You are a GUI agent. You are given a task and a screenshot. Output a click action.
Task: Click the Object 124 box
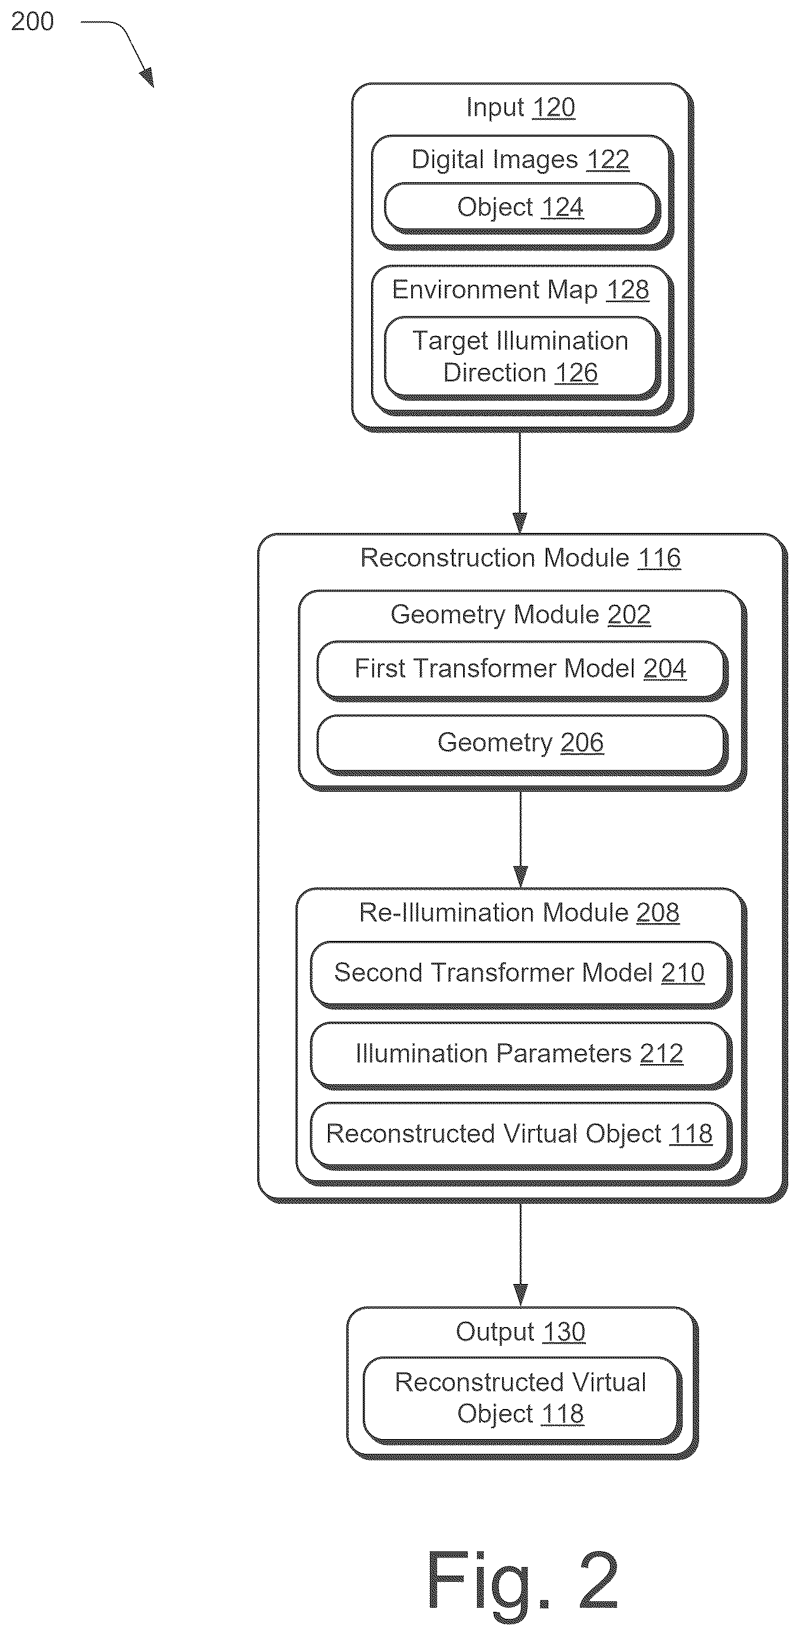(x=522, y=208)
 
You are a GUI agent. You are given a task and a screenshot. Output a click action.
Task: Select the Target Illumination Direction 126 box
(x=522, y=357)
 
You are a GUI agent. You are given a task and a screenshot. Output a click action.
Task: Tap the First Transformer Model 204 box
(x=522, y=669)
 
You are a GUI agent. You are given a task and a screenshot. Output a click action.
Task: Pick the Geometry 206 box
(x=522, y=743)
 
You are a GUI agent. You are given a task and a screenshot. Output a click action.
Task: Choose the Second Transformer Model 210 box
(x=520, y=973)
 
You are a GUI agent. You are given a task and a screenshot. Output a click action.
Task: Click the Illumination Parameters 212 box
(x=520, y=1054)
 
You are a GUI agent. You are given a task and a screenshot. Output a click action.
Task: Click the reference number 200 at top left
(x=32, y=22)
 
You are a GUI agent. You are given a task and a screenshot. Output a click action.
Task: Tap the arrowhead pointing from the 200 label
(x=147, y=77)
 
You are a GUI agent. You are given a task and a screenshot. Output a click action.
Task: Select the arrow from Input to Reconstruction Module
(x=520, y=483)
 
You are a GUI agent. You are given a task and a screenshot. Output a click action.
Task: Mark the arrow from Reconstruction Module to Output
(x=520, y=1255)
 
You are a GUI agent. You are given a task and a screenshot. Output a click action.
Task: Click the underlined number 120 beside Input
(x=553, y=107)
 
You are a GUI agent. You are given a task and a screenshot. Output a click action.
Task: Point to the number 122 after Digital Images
(x=608, y=159)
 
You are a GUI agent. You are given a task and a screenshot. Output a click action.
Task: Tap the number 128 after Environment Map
(x=628, y=290)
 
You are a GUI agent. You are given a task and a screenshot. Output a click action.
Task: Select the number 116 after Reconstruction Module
(x=660, y=558)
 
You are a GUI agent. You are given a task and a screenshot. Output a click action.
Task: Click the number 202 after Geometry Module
(x=629, y=615)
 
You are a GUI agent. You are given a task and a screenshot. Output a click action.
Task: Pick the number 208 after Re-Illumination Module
(x=658, y=913)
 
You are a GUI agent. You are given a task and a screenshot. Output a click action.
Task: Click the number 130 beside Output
(x=563, y=1332)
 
